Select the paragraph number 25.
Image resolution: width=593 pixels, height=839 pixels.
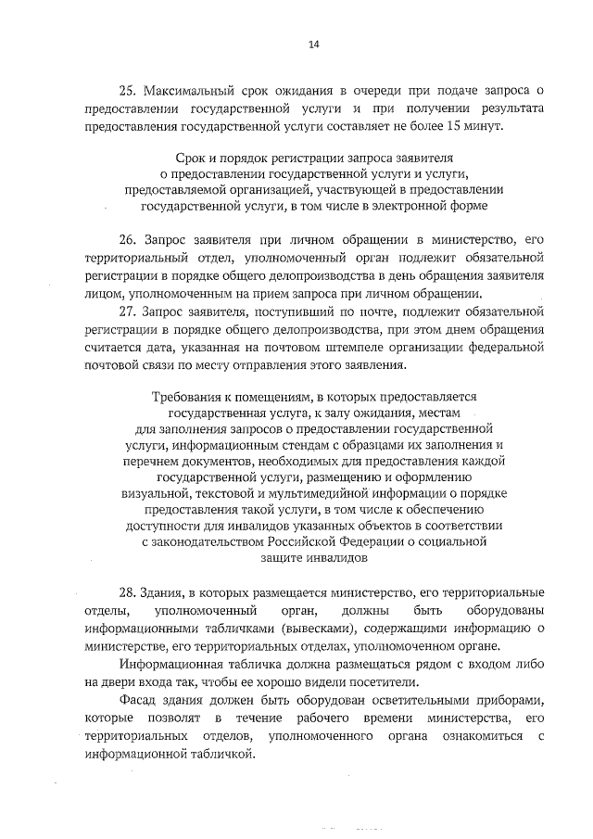tap(128, 90)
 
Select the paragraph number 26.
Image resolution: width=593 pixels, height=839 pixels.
tap(128, 238)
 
